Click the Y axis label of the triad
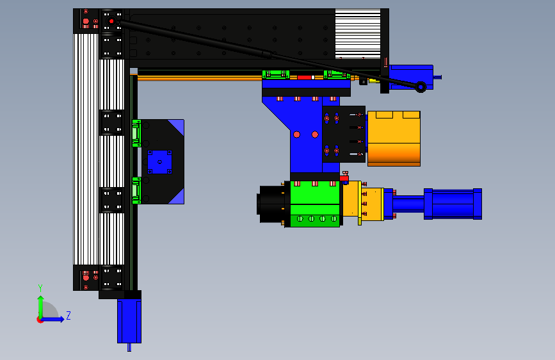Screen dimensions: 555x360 40,288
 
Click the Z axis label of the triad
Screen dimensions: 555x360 68,315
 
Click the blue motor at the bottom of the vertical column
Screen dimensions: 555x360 129,322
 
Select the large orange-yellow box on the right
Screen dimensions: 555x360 394,138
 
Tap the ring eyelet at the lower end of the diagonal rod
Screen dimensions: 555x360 421,87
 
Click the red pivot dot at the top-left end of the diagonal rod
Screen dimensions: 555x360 111,21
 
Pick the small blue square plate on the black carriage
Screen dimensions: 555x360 159,162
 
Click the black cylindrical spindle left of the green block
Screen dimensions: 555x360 272,204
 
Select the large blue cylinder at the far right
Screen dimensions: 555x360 453,204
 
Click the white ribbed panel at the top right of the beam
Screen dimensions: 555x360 358,34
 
